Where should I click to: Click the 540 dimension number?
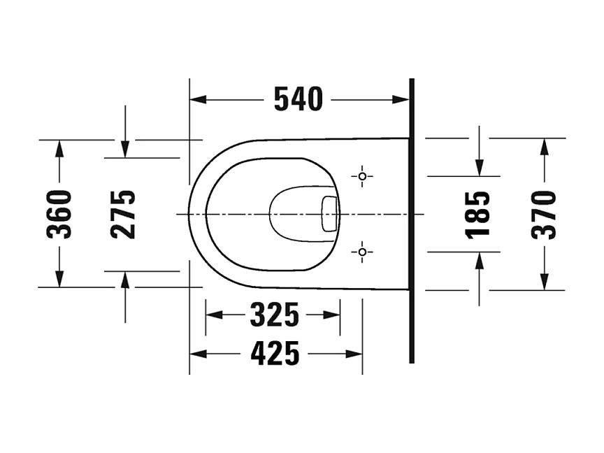[298, 99]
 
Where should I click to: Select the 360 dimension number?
[59, 214]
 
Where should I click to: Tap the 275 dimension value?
[123, 214]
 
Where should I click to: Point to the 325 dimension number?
[274, 315]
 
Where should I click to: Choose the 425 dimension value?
[275, 353]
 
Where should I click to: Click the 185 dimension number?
[477, 214]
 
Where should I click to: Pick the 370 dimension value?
[543, 215]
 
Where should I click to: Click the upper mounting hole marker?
[362, 176]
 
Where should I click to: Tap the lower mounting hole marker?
[362, 252]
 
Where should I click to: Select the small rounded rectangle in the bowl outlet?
[329, 214]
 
